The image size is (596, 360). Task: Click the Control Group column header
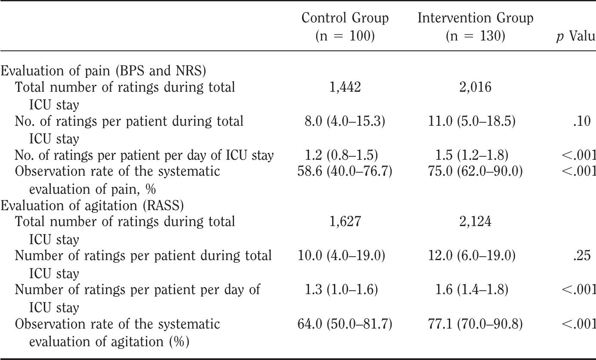tap(345, 27)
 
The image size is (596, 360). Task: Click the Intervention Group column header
tap(475, 27)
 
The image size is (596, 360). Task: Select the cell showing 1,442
tap(345, 88)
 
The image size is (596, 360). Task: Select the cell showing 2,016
tap(475, 88)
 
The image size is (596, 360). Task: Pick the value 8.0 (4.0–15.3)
tap(345, 122)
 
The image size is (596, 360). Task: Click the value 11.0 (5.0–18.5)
tap(475, 122)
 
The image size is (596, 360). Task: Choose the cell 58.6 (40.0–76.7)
tap(345, 172)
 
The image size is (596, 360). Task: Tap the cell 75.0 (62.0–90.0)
tap(475, 172)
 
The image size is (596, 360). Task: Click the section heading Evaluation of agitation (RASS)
tap(93, 205)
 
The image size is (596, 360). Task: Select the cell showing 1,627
tap(345, 222)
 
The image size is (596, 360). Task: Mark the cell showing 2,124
tap(475, 222)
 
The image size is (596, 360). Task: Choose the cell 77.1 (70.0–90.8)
tap(475, 324)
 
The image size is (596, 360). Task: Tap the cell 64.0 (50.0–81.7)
tap(345, 324)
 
